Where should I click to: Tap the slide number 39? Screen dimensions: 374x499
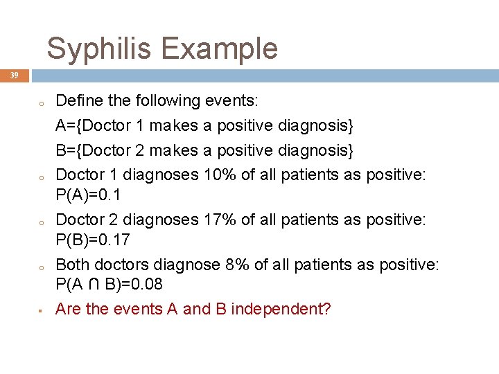[14, 75]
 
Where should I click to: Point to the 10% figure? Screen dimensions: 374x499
[220, 175]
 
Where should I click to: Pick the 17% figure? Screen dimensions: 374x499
[220, 220]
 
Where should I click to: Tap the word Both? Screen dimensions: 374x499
[71, 265]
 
